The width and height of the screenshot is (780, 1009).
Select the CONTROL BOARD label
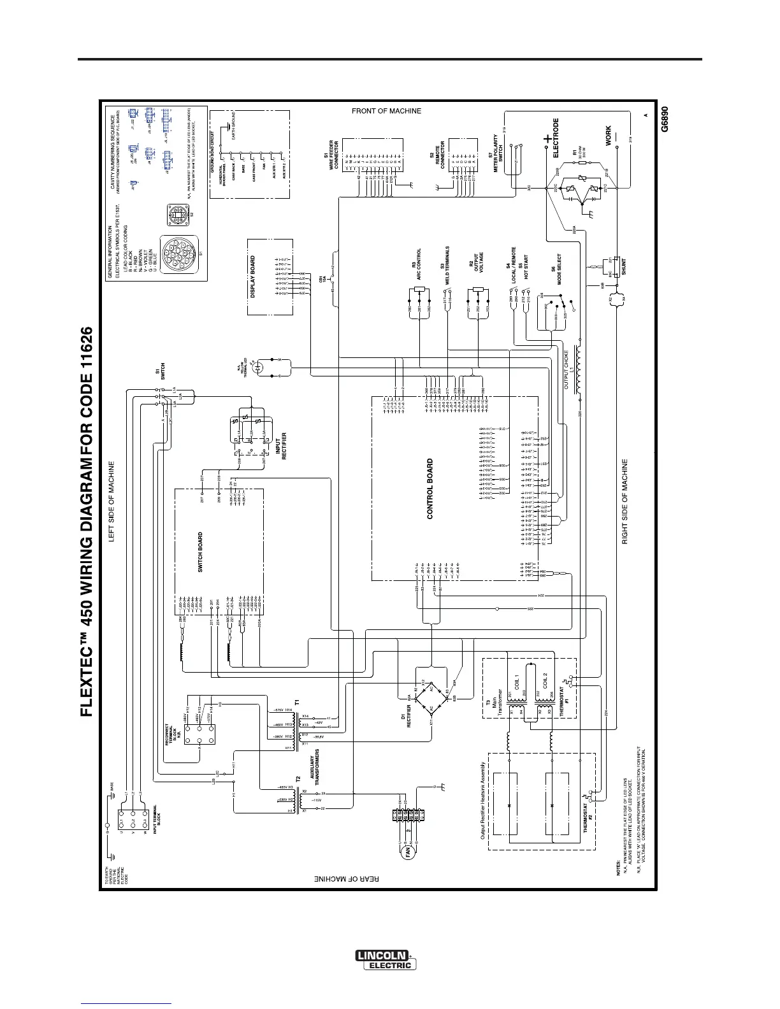coord(430,489)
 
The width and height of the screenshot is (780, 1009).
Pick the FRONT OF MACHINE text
coord(387,111)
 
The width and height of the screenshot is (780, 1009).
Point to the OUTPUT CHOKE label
coord(567,369)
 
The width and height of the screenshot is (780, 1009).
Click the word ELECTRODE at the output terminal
coord(556,138)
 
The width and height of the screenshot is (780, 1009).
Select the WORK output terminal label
coord(608,136)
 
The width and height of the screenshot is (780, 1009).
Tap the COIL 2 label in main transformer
coord(545,683)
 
